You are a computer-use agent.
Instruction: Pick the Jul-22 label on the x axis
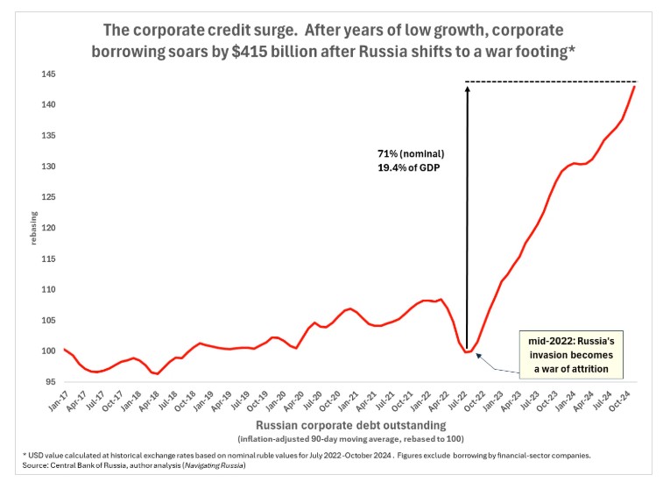466,404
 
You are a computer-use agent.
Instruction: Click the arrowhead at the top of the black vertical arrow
467,86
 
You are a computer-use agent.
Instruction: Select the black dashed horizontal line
552,82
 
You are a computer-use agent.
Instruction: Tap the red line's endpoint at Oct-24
634,86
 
